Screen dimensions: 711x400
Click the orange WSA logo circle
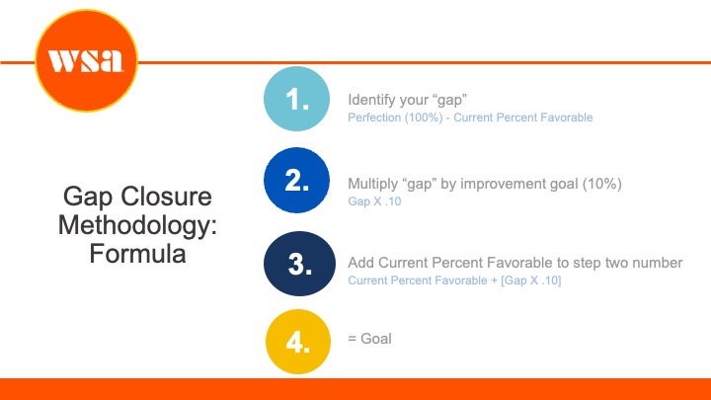click(86, 60)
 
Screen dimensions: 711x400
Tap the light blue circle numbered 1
click(296, 99)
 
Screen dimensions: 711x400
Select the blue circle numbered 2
click(296, 180)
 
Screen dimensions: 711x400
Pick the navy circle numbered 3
click(299, 264)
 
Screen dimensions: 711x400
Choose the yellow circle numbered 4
click(298, 342)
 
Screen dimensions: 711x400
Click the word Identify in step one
click(368, 100)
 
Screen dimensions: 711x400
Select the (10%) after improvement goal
click(602, 184)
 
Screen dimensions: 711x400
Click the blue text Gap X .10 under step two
click(374, 201)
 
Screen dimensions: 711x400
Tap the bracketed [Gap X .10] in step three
click(531, 280)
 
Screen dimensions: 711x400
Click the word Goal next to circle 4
click(376, 339)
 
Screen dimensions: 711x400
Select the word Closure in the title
click(167, 197)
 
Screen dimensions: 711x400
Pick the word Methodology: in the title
click(137, 225)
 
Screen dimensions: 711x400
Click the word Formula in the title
click(137, 253)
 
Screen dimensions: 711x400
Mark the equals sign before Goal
click(352, 339)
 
